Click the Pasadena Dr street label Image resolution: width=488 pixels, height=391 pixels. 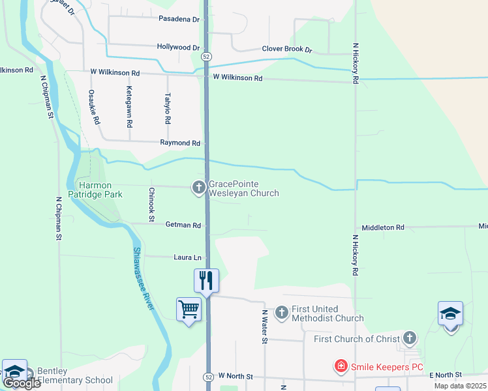[178, 19]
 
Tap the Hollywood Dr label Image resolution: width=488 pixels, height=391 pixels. [178, 48]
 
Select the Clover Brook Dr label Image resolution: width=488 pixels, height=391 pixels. [287, 49]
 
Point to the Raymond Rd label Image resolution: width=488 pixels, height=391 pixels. [180, 143]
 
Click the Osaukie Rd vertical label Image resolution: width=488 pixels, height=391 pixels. [95, 107]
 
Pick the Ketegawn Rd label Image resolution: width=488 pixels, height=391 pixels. [130, 106]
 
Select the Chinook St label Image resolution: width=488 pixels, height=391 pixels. [151, 205]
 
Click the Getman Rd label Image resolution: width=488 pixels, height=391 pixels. [183, 225]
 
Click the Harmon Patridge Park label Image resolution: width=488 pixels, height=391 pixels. [99, 190]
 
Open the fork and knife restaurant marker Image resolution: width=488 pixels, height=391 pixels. [207, 280]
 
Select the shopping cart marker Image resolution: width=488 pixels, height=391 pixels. [189, 309]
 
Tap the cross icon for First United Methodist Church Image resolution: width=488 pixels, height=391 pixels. [282, 313]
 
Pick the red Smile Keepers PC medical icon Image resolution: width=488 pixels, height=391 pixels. [341, 367]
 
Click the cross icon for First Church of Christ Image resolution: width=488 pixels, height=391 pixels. [409, 338]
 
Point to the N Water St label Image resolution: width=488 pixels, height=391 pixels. [265, 327]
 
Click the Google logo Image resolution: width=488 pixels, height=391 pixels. [21, 383]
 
